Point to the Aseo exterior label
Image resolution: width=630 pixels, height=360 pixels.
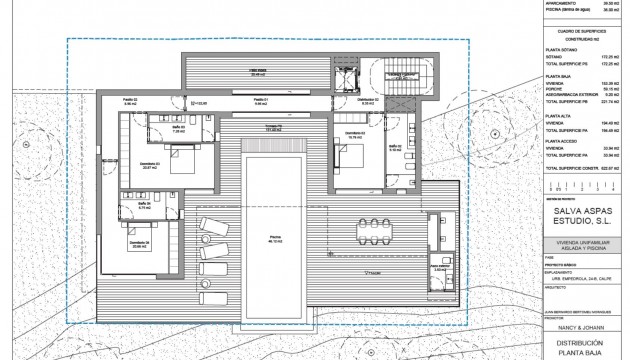click(x=440, y=269)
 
